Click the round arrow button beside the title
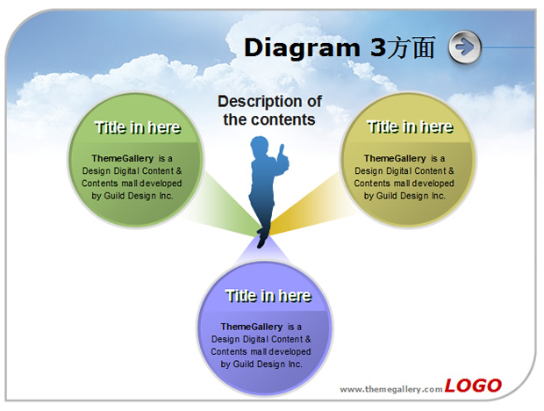[x=464, y=47]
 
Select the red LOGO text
[x=473, y=386]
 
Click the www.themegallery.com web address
[x=391, y=389]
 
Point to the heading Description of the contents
[x=269, y=111]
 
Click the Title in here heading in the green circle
[x=138, y=127]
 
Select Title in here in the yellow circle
[x=410, y=127]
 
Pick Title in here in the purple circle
[x=268, y=296]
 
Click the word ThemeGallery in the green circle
[x=123, y=158]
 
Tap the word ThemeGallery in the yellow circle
[x=395, y=158]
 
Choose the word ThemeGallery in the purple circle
[x=252, y=327]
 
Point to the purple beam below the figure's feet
[x=262, y=249]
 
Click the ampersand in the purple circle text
[x=308, y=339]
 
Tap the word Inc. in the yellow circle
[x=438, y=196]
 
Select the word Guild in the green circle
[x=114, y=196]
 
